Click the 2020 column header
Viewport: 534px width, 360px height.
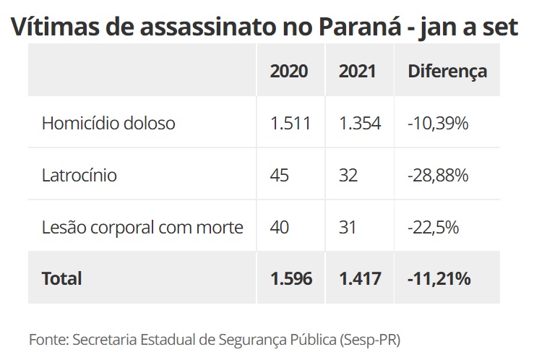289,71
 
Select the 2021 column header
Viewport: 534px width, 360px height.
357,71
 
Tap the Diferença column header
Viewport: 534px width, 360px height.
447,71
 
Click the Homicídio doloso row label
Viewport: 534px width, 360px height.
108,123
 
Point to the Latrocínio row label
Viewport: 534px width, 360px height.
79,175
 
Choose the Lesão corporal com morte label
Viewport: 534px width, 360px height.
142,227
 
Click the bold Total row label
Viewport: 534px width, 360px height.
62,278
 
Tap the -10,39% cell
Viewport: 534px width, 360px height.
438,123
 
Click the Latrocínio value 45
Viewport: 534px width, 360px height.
280,175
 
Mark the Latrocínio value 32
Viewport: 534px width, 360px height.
348,175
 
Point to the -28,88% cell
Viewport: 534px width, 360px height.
439,175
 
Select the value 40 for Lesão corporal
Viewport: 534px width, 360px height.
280,227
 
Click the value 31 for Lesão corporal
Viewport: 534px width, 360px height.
348,227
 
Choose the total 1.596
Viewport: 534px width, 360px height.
291,278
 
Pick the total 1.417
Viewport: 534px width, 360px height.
359,278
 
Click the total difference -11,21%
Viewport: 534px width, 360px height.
439,278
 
